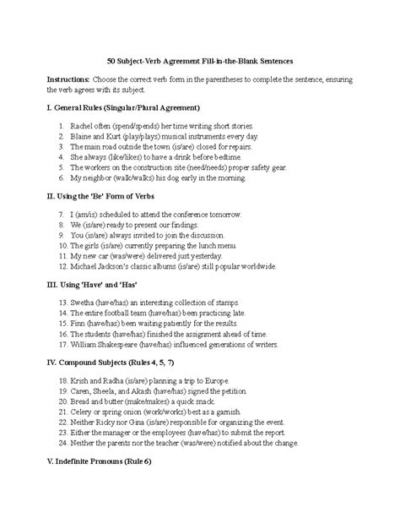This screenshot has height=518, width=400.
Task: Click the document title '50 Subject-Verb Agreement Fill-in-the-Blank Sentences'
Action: pyautogui.click(x=200, y=62)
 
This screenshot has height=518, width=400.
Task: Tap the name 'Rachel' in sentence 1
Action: pyautogui.click(x=83, y=125)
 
